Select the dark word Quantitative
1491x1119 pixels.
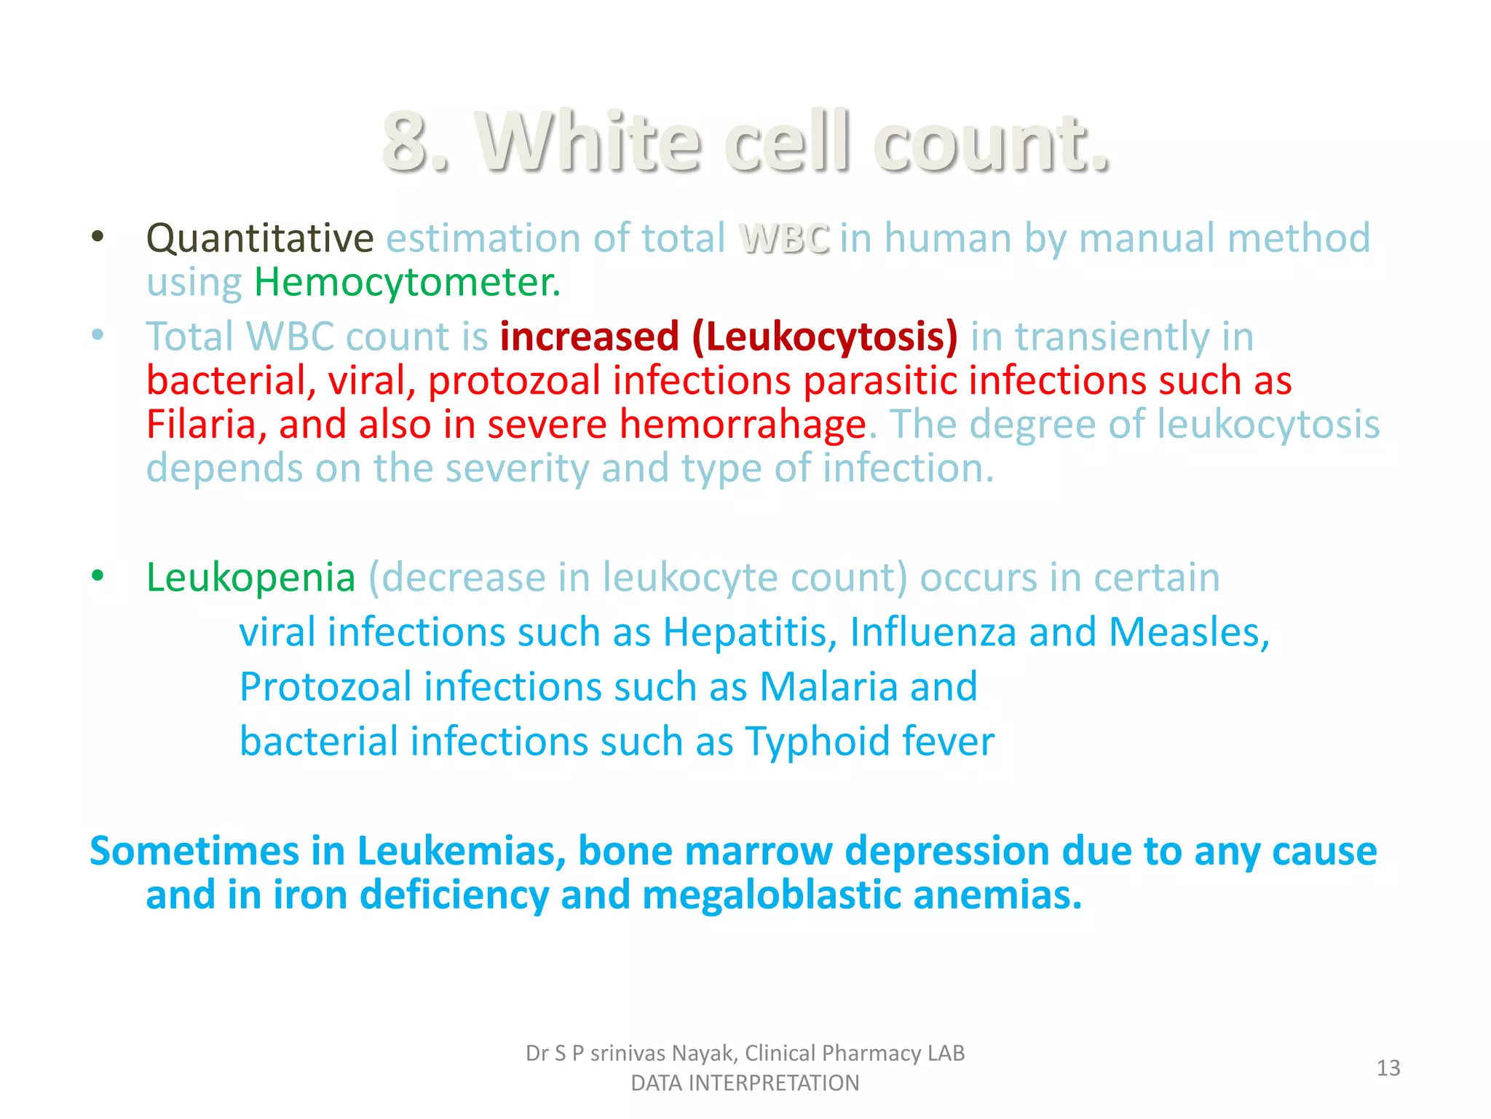(x=260, y=238)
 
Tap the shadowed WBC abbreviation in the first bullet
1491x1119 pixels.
(x=784, y=239)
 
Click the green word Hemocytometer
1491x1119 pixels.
(x=407, y=283)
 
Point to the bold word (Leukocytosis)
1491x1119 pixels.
(x=825, y=337)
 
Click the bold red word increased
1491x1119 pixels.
(x=590, y=337)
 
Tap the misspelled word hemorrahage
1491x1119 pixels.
(x=743, y=424)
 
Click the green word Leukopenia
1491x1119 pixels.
(x=250, y=578)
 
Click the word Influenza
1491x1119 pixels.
(x=933, y=632)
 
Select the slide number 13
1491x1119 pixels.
(x=1388, y=1068)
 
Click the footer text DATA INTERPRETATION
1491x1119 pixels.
(x=745, y=1083)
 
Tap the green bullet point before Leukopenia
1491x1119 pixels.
(x=98, y=576)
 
